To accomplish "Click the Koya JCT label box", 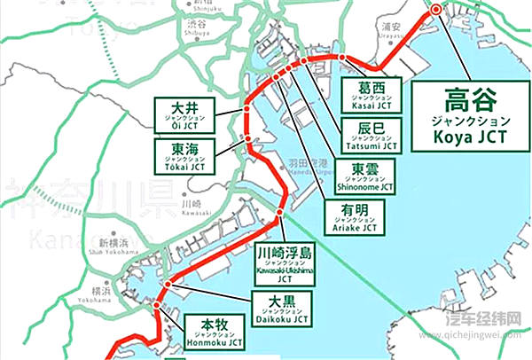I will (470, 115).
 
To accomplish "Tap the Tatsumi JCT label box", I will (371, 135).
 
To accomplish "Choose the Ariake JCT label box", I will (354, 217).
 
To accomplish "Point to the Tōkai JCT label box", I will (185, 158).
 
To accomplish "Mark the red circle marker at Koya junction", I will (435, 9).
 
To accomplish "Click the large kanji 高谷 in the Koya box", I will (470, 96).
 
